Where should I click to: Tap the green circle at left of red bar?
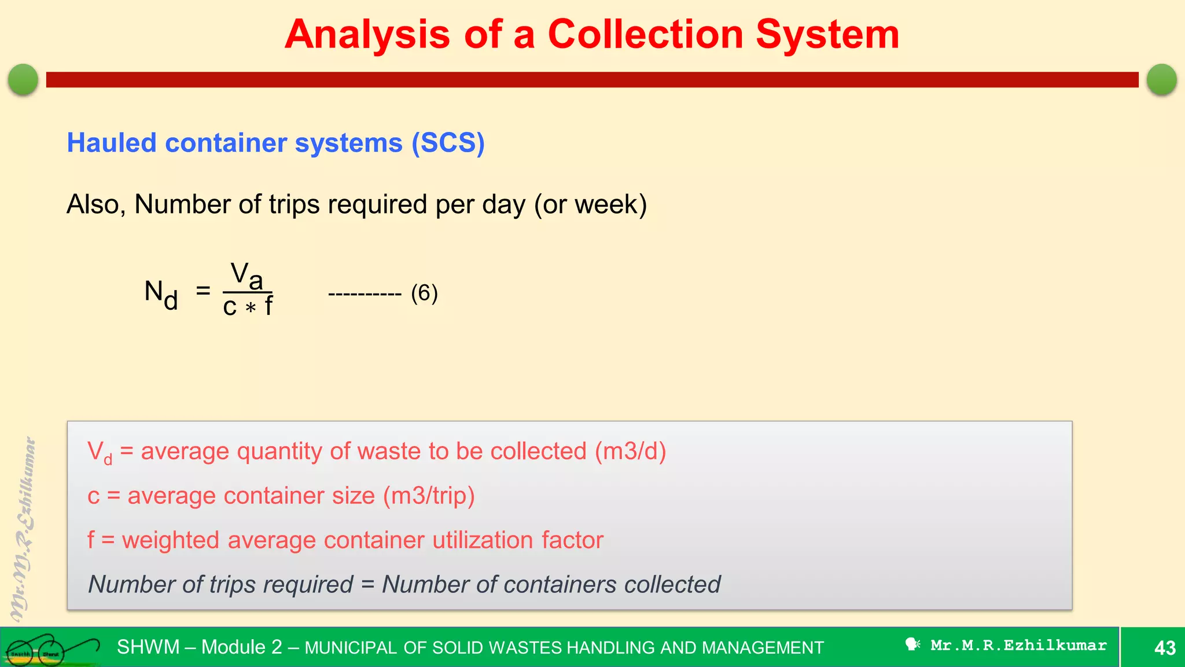click(23, 79)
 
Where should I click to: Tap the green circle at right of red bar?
click(1161, 79)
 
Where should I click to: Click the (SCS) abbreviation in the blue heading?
click(448, 143)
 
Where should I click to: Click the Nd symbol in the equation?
click(161, 294)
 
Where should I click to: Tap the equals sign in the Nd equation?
click(203, 290)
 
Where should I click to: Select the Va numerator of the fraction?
click(247, 276)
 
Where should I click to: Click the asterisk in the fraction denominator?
click(250, 308)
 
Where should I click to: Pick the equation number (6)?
click(424, 293)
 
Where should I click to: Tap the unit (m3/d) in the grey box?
click(631, 451)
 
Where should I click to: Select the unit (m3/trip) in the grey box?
click(429, 496)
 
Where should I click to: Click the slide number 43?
click(1165, 647)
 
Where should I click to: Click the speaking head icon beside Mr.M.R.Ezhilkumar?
click(912, 644)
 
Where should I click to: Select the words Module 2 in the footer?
click(241, 647)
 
